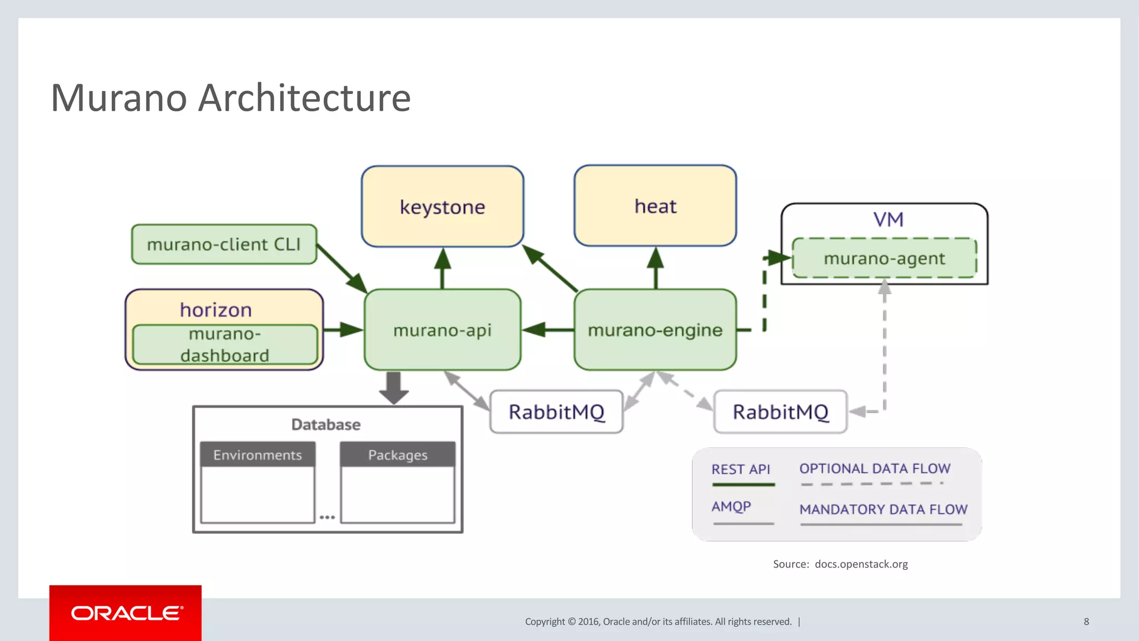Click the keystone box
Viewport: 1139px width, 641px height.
442,206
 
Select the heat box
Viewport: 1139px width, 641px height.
655,206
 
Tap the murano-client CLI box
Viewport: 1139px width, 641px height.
224,244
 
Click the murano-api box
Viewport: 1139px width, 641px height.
442,330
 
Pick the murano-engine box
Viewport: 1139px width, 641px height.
655,330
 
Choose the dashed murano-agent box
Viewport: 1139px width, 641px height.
884,258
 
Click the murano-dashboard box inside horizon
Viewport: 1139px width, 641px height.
225,345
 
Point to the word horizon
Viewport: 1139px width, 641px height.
216,309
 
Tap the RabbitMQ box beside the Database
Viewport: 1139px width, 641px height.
556,412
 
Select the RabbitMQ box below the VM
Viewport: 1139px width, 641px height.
780,412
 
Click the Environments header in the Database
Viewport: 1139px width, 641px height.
257,455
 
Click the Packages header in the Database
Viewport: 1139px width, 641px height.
398,455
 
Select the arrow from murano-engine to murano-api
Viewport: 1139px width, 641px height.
548,329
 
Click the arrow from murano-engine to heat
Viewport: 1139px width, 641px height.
656,268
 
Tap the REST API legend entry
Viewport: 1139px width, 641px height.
741,470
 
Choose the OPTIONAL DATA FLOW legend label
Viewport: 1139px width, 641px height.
875,469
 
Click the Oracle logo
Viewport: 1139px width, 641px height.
126,613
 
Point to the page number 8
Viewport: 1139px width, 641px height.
1086,622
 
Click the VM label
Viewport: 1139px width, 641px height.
888,219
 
